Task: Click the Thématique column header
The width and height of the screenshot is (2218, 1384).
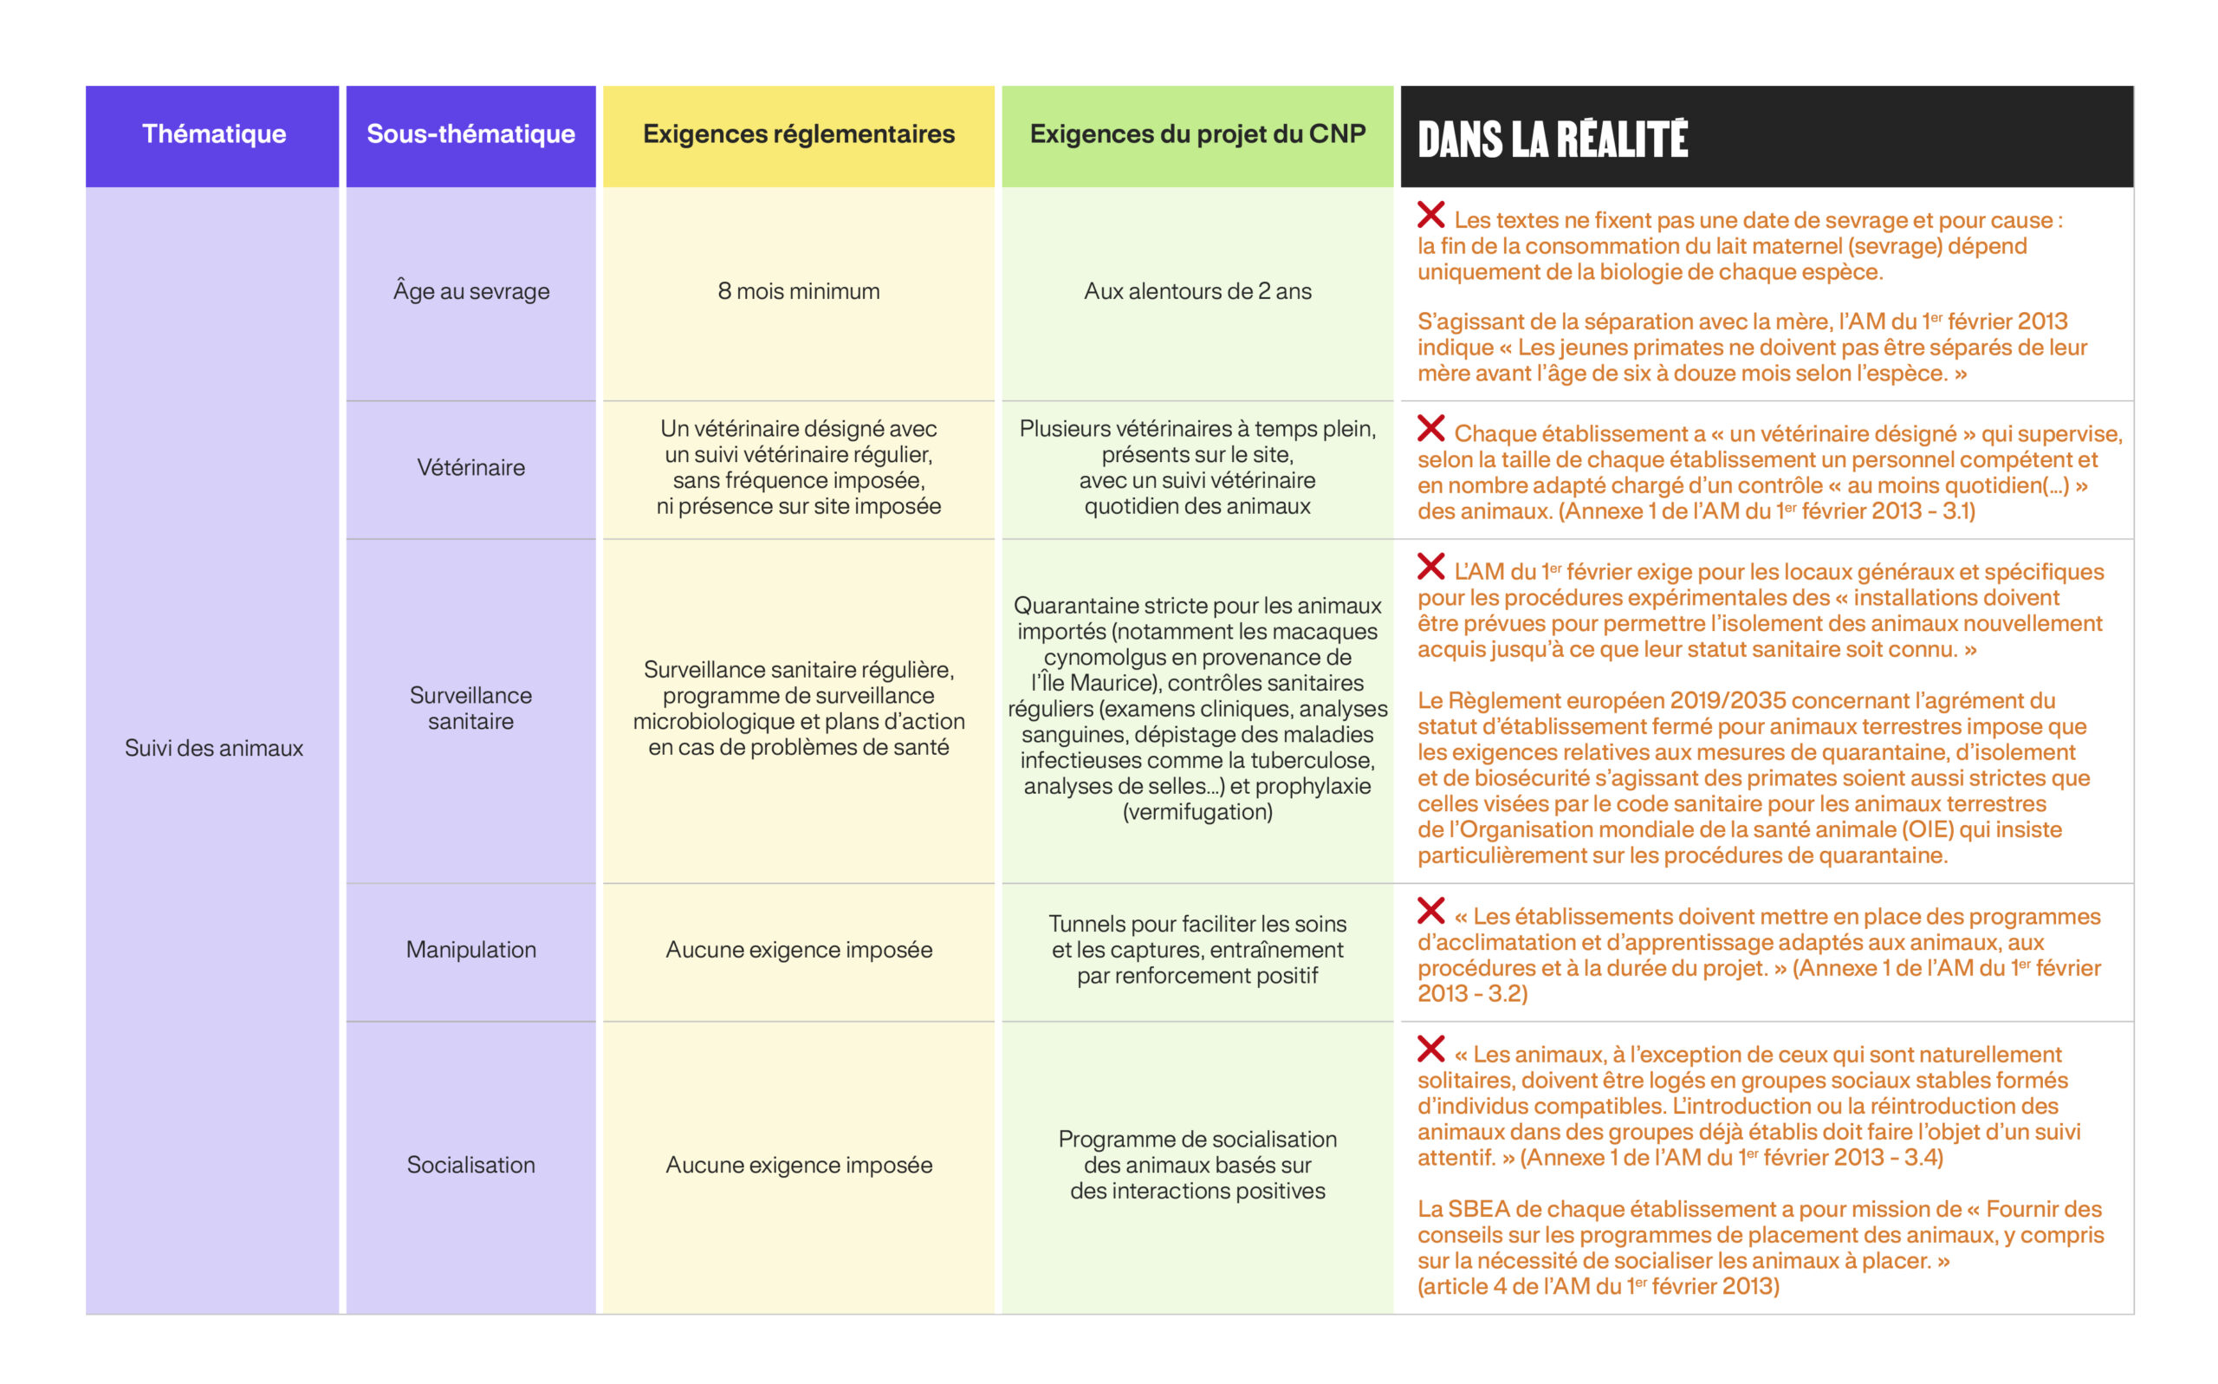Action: point(213,134)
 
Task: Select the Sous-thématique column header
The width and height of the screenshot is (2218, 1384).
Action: point(470,134)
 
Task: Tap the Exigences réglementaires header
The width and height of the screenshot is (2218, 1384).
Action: point(798,134)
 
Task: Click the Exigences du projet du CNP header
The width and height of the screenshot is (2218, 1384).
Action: point(1197,134)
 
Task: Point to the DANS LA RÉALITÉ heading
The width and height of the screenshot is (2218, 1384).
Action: point(1552,140)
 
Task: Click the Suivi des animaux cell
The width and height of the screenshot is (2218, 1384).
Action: point(213,748)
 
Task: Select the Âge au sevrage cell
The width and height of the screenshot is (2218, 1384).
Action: point(470,291)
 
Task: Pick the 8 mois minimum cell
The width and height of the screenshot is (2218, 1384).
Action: point(798,291)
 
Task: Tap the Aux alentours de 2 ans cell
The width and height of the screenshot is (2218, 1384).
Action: point(1197,291)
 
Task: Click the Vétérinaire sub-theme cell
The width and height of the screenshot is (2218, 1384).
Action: point(470,468)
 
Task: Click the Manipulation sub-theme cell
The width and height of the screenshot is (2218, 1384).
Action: point(470,949)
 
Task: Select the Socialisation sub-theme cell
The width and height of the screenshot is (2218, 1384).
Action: point(470,1165)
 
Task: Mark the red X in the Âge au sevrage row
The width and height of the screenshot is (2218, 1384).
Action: point(1430,215)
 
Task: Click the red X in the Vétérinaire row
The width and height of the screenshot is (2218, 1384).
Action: point(1430,428)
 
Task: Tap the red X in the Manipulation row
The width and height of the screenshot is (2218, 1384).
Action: point(1430,911)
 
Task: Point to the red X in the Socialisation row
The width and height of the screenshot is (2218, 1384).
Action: point(1430,1049)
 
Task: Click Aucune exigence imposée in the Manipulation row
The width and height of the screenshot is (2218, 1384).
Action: point(798,949)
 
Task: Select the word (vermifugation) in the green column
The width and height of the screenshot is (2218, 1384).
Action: point(1197,812)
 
